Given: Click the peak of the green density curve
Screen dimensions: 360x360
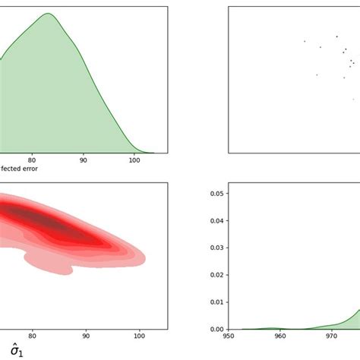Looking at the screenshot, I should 47,14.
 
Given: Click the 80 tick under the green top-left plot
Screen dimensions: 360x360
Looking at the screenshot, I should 32,160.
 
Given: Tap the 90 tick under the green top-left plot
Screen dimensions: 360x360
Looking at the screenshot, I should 83,160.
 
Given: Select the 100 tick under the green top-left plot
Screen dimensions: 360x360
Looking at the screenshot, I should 134,160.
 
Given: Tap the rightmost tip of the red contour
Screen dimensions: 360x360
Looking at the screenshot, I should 147,254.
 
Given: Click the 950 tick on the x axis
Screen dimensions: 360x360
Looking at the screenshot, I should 229,336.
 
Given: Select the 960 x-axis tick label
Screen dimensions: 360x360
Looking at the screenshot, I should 280,336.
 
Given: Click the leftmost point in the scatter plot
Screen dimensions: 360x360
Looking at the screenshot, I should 305,41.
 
